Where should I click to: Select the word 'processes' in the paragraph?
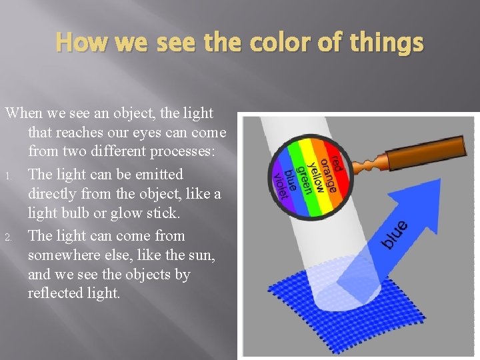tap(180, 152)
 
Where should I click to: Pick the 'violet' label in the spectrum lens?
tap(279, 184)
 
